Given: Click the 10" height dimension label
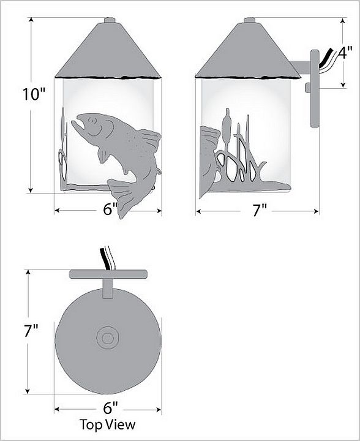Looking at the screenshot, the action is (34, 94).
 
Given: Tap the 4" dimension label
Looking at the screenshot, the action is (345, 53).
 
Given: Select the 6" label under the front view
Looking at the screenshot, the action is (110, 209).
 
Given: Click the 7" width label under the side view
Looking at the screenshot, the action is (260, 210).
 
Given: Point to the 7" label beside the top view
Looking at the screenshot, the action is (31, 331).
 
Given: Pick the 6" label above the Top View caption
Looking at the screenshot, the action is (110, 407).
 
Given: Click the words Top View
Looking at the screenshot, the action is (107, 424).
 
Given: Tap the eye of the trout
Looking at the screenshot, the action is (91, 121).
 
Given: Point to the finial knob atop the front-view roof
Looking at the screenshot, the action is (110, 20).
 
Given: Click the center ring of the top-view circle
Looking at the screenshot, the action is (108, 338).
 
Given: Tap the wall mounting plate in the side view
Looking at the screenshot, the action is (315, 89).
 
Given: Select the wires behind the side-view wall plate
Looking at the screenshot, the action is (327, 61).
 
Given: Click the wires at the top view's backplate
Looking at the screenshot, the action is (107, 258).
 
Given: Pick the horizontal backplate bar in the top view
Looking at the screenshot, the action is (108, 274).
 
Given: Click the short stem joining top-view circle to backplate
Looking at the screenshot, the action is (108, 288).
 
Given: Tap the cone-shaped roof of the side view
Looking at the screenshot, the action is (248, 51).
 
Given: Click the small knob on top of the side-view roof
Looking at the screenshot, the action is (249, 20).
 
